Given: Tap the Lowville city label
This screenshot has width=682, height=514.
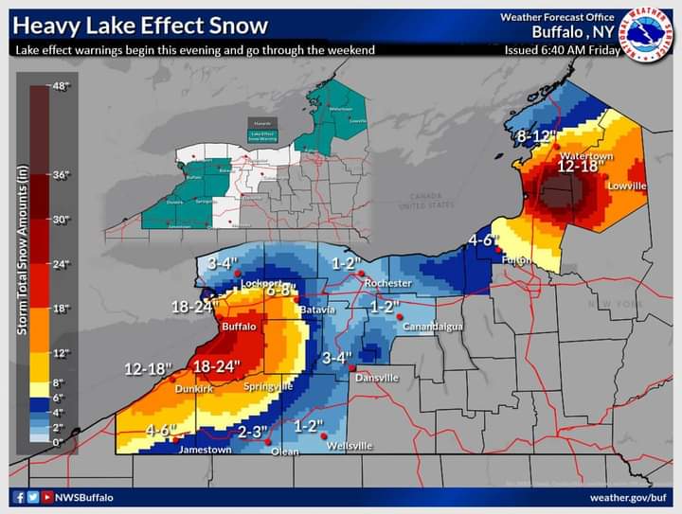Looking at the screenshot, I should point(626,186).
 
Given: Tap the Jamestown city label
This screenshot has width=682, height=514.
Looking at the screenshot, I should point(205,450).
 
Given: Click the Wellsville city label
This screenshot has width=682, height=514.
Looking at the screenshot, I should point(350,446).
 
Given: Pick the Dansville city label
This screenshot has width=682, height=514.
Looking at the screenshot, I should point(377,378).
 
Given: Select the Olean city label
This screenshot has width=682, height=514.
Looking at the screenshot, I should point(284,452).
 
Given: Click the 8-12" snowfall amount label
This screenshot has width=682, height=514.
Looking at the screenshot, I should point(533,136).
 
